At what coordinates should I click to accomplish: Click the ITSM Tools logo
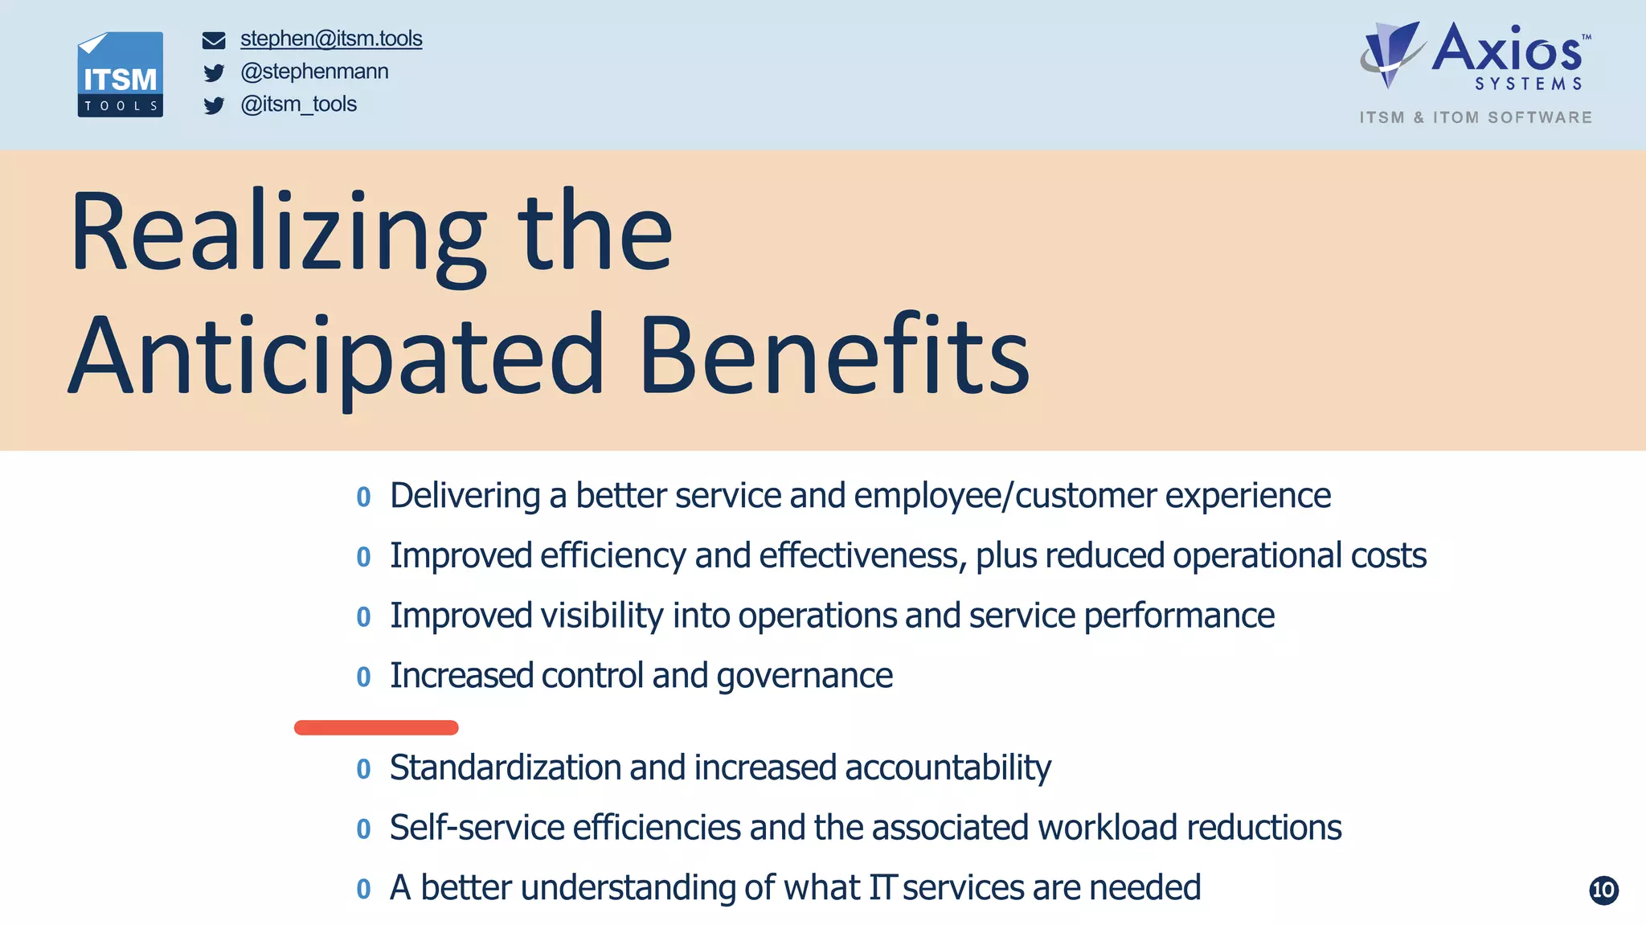(x=121, y=75)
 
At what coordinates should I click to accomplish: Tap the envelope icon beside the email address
(x=214, y=40)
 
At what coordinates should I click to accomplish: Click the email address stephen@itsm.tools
(x=331, y=39)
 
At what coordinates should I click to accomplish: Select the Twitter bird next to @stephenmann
(x=214, y=73)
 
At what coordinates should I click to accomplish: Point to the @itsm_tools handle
(x=298, y=104)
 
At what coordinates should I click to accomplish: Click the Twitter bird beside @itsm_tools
(x=214, y=106)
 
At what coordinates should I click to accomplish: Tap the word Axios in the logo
(x=1506, y=50)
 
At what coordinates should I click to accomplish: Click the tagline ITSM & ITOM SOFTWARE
(x=1476, y=117)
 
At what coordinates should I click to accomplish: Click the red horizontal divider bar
(x=376, y=727)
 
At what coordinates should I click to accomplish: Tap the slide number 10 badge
(x=1603, y=890)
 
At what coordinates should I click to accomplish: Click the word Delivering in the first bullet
(x=465, y=496)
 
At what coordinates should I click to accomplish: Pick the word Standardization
(x=505, y=767)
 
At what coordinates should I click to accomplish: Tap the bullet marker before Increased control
(x=363, y=677)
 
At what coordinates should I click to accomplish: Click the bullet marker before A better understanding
(x=363, y=889)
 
